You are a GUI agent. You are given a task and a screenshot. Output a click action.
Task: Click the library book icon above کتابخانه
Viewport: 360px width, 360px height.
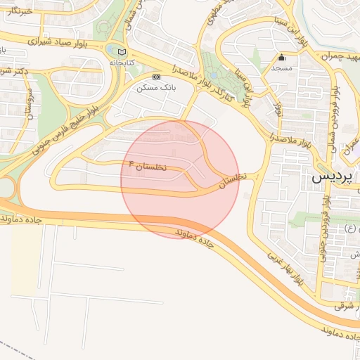click(x=123, y=52)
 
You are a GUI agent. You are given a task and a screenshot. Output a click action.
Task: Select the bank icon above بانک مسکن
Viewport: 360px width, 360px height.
click(x=156, y=77)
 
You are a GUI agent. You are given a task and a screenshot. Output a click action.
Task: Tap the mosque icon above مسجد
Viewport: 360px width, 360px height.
click(x=282, y=58)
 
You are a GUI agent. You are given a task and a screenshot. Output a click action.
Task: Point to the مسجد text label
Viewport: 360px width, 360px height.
click(x=283, y=68)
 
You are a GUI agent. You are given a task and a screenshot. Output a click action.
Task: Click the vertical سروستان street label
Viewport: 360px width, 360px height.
click(x=30, y=103)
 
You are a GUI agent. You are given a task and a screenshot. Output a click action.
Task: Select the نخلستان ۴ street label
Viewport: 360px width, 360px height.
click(x=149, y=166)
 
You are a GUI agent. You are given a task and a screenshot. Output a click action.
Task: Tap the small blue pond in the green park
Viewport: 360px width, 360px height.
click(x=112, y=51)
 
